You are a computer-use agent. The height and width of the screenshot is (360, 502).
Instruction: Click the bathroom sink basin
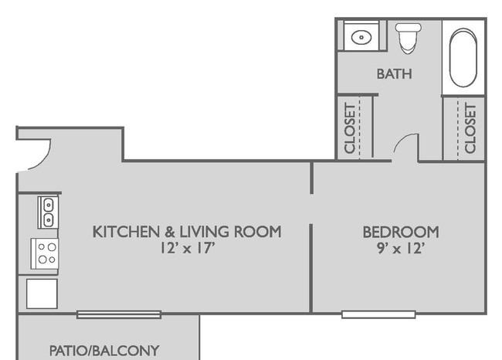pyautogui.click(x=361, y=37)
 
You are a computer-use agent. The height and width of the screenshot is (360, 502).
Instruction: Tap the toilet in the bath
pyautogui.click(x=408, y=38)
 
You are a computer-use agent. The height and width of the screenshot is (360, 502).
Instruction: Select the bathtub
pyautogui.click(x=463, y=58)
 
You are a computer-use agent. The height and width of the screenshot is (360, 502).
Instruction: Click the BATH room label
pyautogui.click(x=394, y=74)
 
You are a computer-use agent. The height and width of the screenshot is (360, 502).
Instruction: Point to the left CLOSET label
pyautogui.click(x=350, y=128)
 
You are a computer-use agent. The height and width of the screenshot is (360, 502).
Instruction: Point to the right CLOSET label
pyautogui.click(x=470, y=128)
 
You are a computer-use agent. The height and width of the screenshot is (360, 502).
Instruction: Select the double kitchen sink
pyautogui.click(x=48, y=212)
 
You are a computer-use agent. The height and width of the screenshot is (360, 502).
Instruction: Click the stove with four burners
pyautogui.click(x=45, y=253)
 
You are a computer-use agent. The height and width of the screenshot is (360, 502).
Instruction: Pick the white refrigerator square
pyautogui.click(x=42, y=294)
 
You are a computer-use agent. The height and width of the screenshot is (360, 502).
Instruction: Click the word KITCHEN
pyautogui.click(x=126, y=232)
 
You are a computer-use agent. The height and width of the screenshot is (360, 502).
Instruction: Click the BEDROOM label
pyautogui.click(x=401, y=232)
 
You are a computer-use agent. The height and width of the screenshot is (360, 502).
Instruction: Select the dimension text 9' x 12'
pyautogui.click(x=401, y=248)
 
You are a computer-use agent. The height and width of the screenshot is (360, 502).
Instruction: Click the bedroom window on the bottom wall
pyautogui.click(x=378, y=314)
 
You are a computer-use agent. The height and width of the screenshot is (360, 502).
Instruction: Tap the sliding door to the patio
pyautogui.click(x=119, y=314)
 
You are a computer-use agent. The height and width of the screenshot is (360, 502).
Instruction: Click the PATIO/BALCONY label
pyautogui.click(x=104, y=351)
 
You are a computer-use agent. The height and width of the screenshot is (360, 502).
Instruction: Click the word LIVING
pyautogui.click(x=205, y=232)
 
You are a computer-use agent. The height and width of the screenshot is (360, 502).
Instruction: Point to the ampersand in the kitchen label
pyautogui.click(x=170, y=232)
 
